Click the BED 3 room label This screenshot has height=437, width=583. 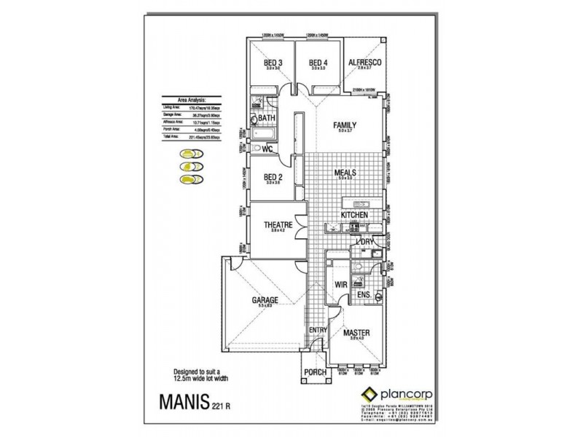point(273,63)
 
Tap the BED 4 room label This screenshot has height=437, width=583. point(318,63)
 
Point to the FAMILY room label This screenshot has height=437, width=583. point(345,126)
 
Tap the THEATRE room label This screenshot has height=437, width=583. point(279,226)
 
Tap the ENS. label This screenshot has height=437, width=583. point(364,295)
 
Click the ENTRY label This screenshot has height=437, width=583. point(318,330)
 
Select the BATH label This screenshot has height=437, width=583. point(266,118)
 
